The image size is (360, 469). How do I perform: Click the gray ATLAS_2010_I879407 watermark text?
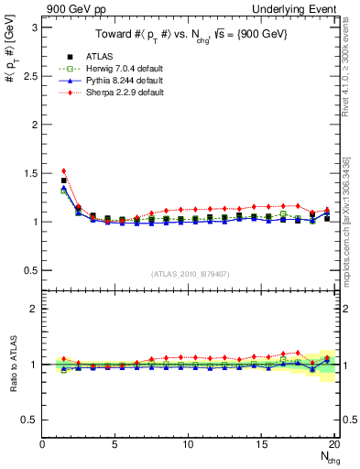tap(191, 274)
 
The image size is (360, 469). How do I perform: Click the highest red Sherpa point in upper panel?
tap(63, 170)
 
